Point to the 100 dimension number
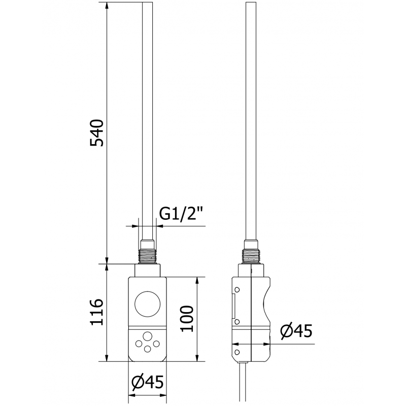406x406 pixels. (187, 319)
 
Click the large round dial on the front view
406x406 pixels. (147, 305)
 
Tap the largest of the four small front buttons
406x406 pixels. (147, 336)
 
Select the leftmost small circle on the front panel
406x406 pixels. (138, 344)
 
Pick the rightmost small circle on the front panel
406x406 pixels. (157, 344)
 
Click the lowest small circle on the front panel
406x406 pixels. (147, 348)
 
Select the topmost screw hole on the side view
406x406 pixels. (236, 290)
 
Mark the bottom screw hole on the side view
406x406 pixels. (236, 351)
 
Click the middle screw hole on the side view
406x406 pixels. (236, 322)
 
